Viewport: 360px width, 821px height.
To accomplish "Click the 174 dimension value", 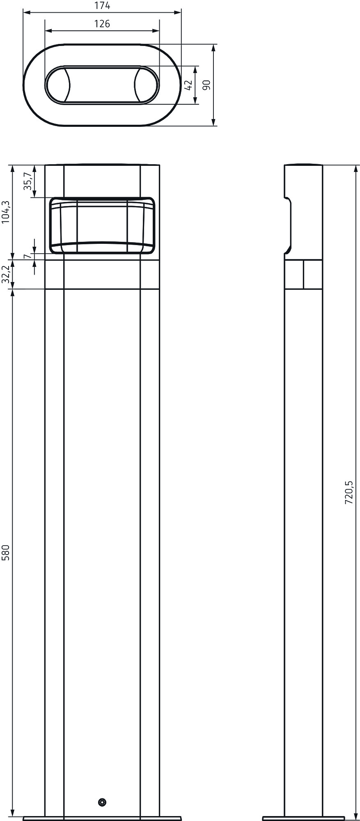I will pyautogui.click(x=102, y=6).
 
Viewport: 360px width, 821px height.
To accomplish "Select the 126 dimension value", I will pyautogui.click(x=102, y=24).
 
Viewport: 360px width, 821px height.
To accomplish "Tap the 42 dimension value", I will pyautogui.click(x=188, y=85).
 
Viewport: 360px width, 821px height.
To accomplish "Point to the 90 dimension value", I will pyautogui.click(x=207, y=85).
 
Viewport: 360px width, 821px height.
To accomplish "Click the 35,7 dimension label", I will pyautogui.click(x=28, y=181).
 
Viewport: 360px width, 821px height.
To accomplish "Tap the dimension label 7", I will pyautogui.click(x=27, y=257).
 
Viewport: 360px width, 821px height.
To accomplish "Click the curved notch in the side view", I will pyautogui.click(x=289, y=226).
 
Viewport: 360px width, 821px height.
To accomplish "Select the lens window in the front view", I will pyautogui.click(x=102, y=225).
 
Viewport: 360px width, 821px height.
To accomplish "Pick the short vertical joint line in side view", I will pyautogui.click(x=303, y=274).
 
